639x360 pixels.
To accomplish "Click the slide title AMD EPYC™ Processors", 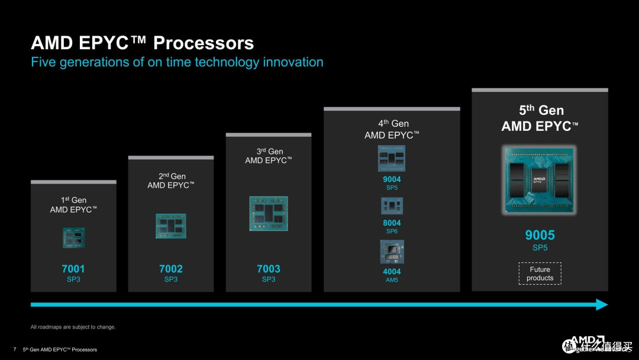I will (142, 43).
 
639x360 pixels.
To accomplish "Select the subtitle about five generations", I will (177, 62).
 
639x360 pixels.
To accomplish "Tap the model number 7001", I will (73, 269).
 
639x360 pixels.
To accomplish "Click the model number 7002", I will (171, 269).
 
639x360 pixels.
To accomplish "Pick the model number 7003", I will (269, 269).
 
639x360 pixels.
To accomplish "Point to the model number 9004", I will (392, 179).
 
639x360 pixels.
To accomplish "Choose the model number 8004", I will (392, 223).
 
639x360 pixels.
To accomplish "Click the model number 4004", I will (392, 272).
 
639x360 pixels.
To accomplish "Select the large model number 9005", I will (540, 235).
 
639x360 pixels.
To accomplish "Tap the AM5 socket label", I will (392, 280).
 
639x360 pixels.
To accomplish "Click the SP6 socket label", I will (392, 232).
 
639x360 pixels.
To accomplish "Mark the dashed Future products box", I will (540, 274).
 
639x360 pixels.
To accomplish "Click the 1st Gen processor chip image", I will (73, 237).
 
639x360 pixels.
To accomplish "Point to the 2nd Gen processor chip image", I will (171, 226).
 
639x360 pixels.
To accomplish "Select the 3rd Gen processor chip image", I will (269, 213).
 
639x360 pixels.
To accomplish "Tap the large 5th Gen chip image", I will (540, 181).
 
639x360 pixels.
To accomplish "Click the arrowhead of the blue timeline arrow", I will (602, 304).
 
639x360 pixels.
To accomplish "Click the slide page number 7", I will (14, 349).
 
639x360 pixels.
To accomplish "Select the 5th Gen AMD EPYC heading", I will (540, 118).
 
